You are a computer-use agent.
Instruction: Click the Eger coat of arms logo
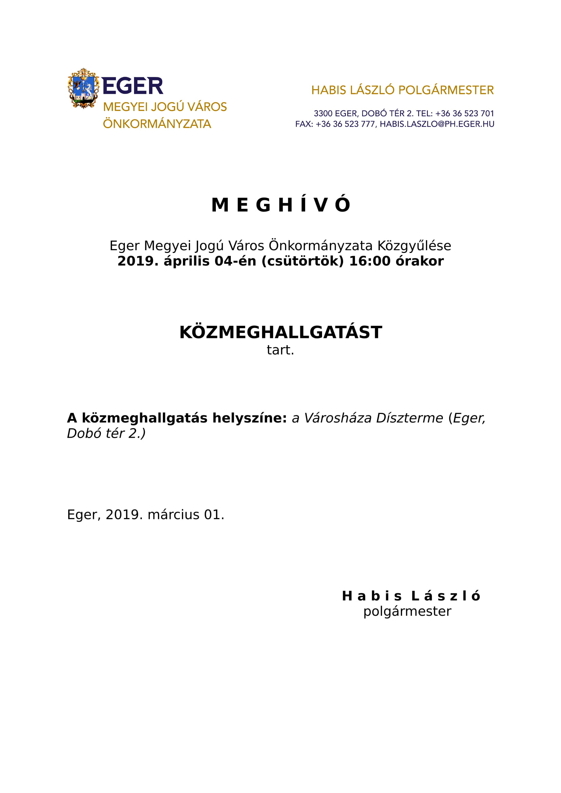point(83,88)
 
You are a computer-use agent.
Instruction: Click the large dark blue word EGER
point(133,86)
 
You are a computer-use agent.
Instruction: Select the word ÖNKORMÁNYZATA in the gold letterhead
point(157,124)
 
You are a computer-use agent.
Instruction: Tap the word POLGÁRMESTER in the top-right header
point(446,90)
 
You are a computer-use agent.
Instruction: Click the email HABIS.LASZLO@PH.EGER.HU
point(437,124)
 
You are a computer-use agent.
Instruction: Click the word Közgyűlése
point(414,246)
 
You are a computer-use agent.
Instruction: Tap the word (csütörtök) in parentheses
point(302,261)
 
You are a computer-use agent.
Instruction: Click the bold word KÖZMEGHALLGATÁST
point(281,332)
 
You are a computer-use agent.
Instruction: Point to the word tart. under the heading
point(280,350)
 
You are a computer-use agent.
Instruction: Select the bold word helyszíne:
point(249,418)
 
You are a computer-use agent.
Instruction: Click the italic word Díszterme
point(409,418)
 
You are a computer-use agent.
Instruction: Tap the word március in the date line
point(173,515)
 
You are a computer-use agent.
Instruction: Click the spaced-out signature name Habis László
point(411,596)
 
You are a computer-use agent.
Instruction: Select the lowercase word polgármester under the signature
point(407,612)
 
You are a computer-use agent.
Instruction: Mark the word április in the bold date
point(187,261)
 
